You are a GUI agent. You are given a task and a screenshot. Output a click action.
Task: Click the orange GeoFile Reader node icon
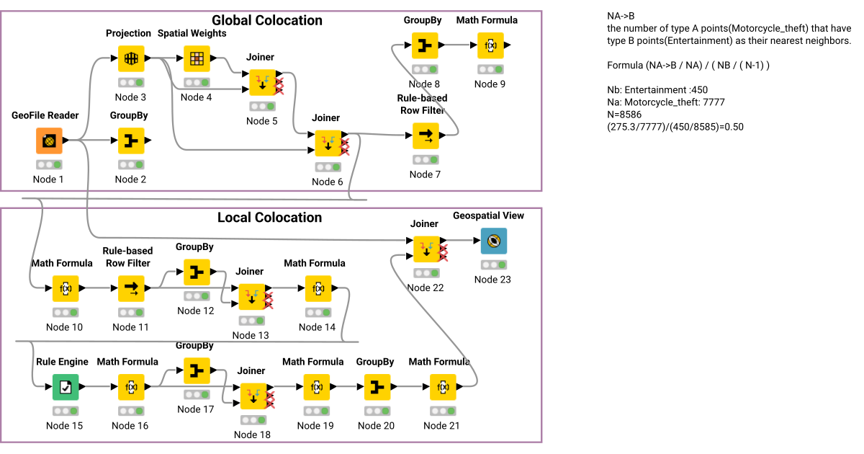49,141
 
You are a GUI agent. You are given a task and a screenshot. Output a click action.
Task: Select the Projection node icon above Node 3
131,58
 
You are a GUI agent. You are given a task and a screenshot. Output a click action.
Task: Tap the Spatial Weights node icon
197,58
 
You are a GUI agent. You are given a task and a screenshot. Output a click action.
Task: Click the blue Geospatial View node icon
494,241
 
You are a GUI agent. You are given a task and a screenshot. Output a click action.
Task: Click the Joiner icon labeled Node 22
426,249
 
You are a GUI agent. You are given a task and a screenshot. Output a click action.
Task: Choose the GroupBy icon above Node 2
131,141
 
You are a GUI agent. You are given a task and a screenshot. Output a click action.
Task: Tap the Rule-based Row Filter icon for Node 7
426,135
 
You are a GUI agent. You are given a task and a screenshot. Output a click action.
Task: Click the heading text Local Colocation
270,218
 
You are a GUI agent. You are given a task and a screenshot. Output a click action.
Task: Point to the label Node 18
252,435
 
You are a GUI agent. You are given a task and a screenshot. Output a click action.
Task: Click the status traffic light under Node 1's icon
49,164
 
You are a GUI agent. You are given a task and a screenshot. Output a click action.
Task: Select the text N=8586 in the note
624,115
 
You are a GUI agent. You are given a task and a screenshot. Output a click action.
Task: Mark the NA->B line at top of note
621,16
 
